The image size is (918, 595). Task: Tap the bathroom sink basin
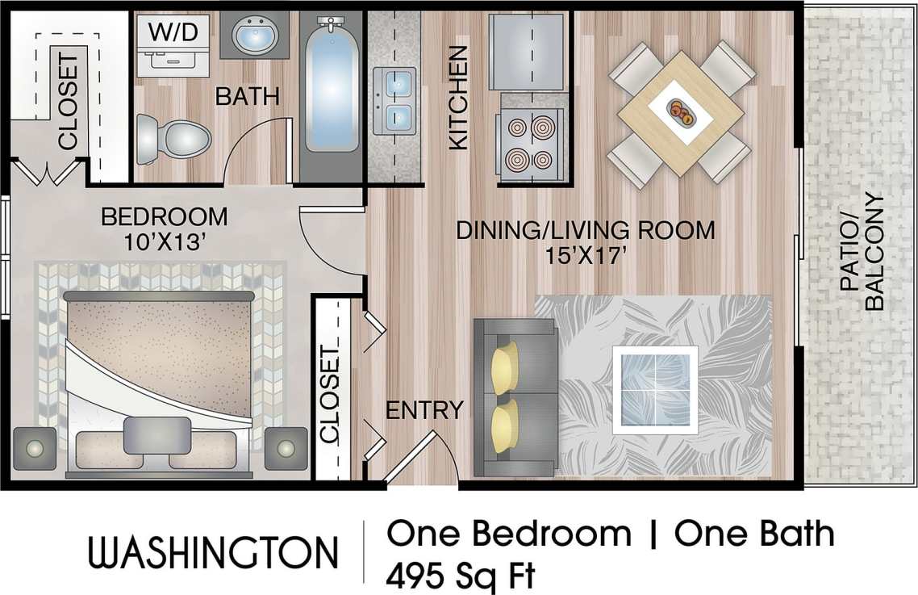(x=257, y=36)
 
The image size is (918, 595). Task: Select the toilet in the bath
(x=172, y=138)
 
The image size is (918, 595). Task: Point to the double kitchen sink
(x=394, y=100)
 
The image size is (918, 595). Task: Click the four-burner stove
(x=531, y=142)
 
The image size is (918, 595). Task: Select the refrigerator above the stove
(x=529, y=50)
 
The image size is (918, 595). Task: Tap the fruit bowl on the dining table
(x=682, y=112)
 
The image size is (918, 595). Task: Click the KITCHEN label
(x=458, y=98)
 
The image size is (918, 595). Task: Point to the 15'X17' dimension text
(x=586, y=258)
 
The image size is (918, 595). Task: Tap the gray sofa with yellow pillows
(x=515, y=396)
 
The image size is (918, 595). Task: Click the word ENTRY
(x=424, y=410)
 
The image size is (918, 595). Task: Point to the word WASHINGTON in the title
(x=213, y=553)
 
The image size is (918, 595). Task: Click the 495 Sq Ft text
(x=461, y=576)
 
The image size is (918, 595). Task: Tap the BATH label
(x=247, y=97)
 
